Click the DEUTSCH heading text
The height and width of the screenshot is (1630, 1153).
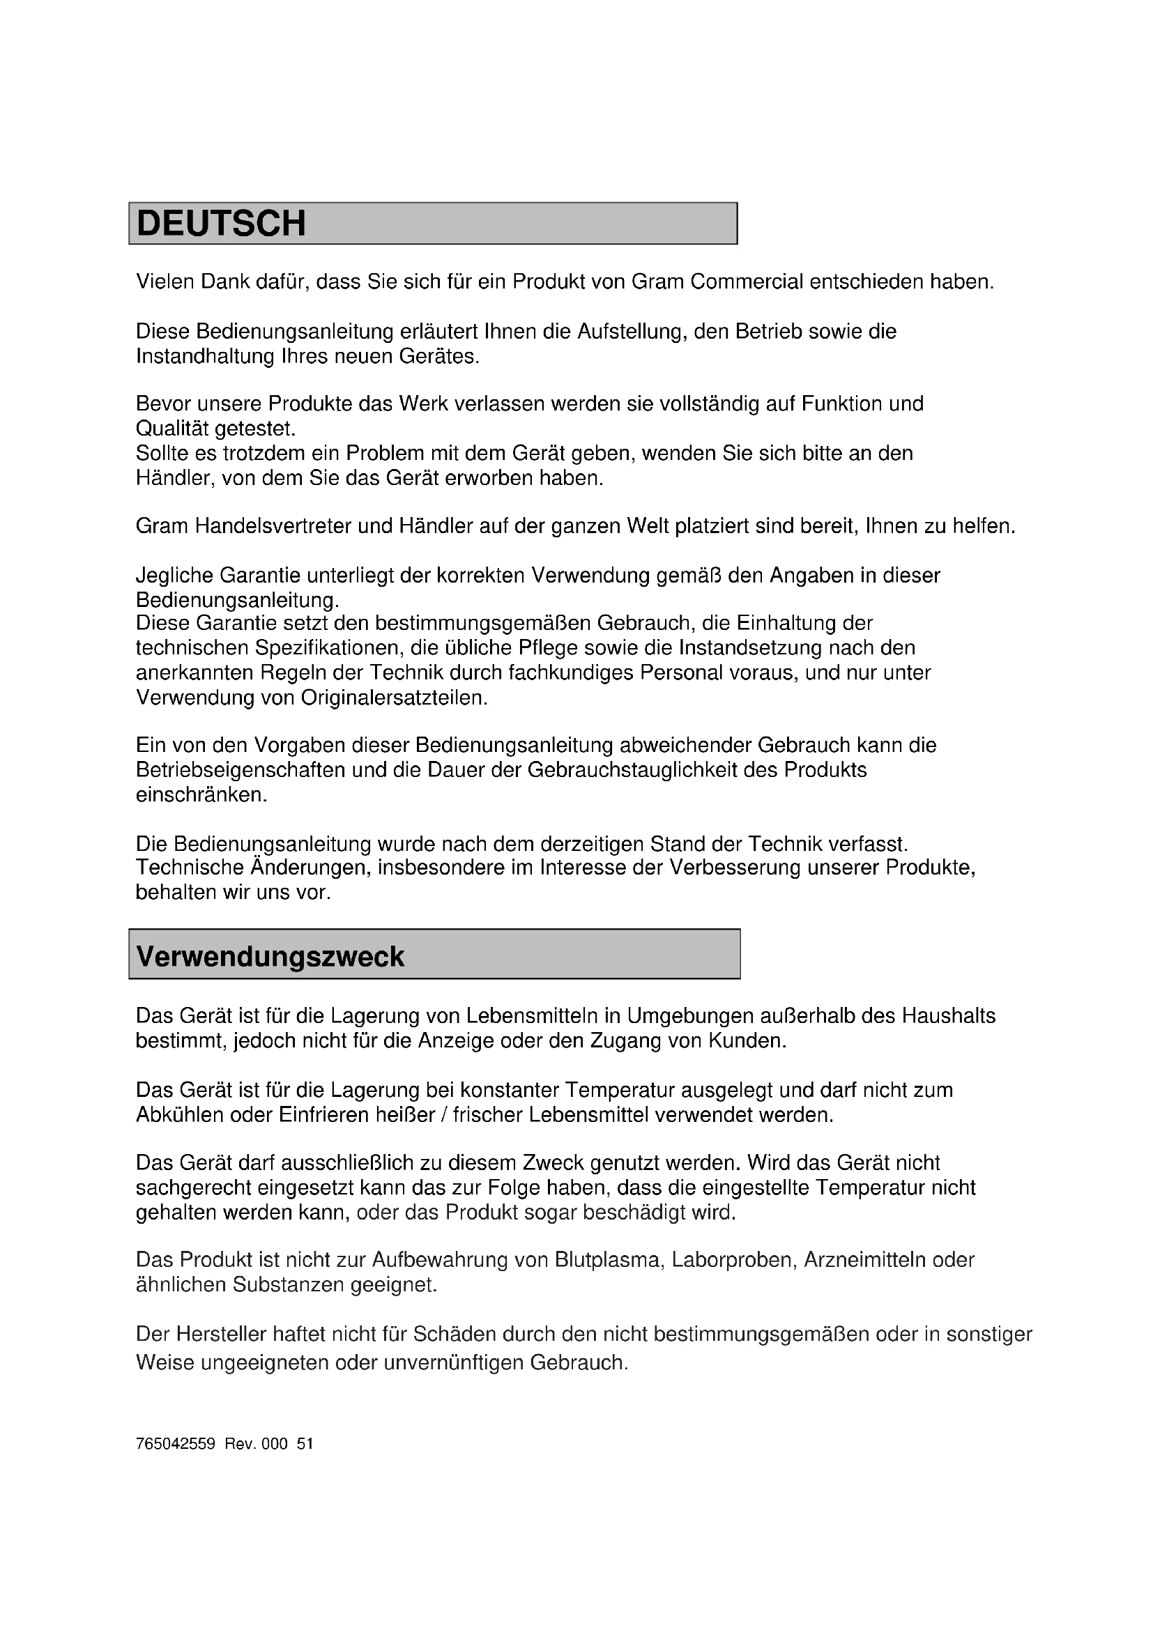click(x=221, y=224)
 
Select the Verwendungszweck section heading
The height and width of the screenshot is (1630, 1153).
click(x=270, y=956)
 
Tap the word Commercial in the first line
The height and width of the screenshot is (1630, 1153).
click(x=746, y=282)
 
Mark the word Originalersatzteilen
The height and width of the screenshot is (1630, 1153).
click(x=394, y=697)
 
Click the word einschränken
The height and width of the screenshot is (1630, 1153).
click(x=201, y=794)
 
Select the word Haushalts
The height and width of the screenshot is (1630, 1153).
click(x=949, y=1016)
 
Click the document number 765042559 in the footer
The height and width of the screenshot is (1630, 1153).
click(x=176, y=1444)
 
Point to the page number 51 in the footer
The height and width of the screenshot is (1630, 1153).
click(x=305, y=1444)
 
